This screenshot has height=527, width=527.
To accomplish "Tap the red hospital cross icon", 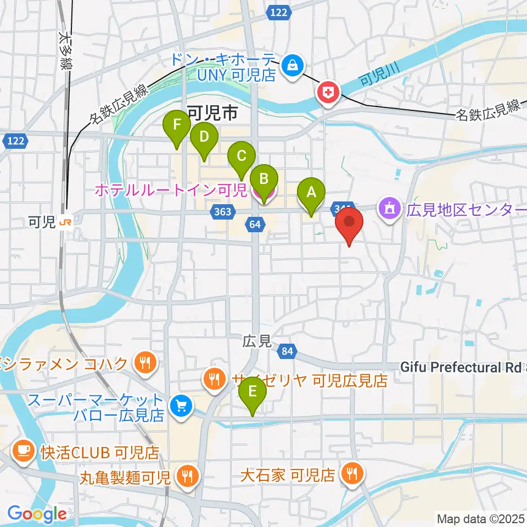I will (328, 92).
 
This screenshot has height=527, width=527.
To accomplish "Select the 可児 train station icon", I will (66, 222).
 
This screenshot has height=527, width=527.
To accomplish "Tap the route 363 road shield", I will (223, 211).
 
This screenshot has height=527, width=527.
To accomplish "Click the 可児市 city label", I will (212, 114).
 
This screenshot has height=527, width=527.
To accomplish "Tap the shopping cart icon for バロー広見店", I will (181, 407).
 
